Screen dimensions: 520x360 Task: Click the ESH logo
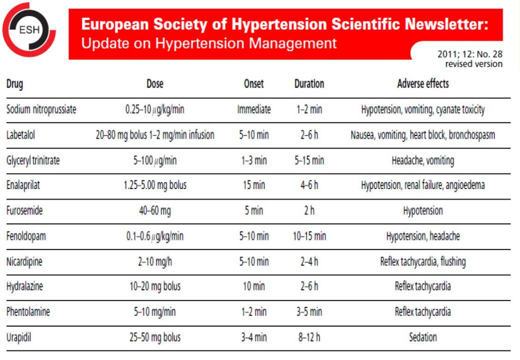[29, 30]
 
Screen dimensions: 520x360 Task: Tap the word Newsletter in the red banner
[446, 24]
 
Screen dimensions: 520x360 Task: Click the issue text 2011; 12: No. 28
[470, 54]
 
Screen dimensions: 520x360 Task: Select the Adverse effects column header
[423, 83]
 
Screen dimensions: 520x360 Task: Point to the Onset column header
[253, 83]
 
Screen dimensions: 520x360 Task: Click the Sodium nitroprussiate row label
[41, 109]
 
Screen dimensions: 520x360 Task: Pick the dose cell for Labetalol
[155, 135]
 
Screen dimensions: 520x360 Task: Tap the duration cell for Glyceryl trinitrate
[309, 160]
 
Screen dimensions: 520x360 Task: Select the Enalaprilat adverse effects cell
[423, 185]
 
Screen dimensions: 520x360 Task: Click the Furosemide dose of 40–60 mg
[155, 211]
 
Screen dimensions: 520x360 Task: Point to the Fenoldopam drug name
[26, 236]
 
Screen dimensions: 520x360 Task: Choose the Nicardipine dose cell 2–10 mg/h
[155, 262]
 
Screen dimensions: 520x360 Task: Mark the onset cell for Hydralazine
[253, 286]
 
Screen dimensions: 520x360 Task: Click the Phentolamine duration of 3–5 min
[309, 311]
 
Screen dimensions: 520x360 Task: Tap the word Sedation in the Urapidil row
[423, 337]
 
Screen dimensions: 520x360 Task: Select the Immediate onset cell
[253, 109]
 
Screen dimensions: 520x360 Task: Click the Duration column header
[309, 83]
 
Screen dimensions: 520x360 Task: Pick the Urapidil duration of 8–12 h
[309, 337]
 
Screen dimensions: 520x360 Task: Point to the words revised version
[474, 63]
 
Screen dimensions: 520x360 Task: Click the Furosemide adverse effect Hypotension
[423, 211]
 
